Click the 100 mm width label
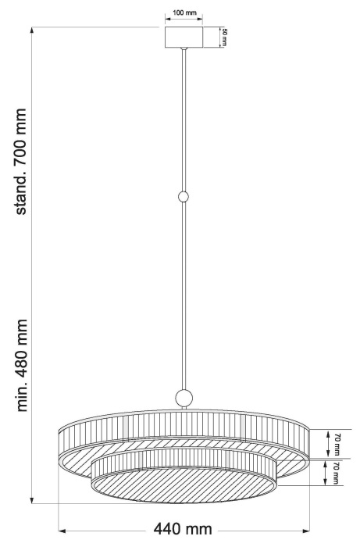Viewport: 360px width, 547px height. [x=184, y=14]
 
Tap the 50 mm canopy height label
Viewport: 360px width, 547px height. [x=224, y=38]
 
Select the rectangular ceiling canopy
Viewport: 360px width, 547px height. [x=184, y=38]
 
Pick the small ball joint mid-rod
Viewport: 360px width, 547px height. [x=184, y=197]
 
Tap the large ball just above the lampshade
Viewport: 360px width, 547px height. [x=184, y=398]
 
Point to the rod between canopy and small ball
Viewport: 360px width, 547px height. [x=184, y=117]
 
